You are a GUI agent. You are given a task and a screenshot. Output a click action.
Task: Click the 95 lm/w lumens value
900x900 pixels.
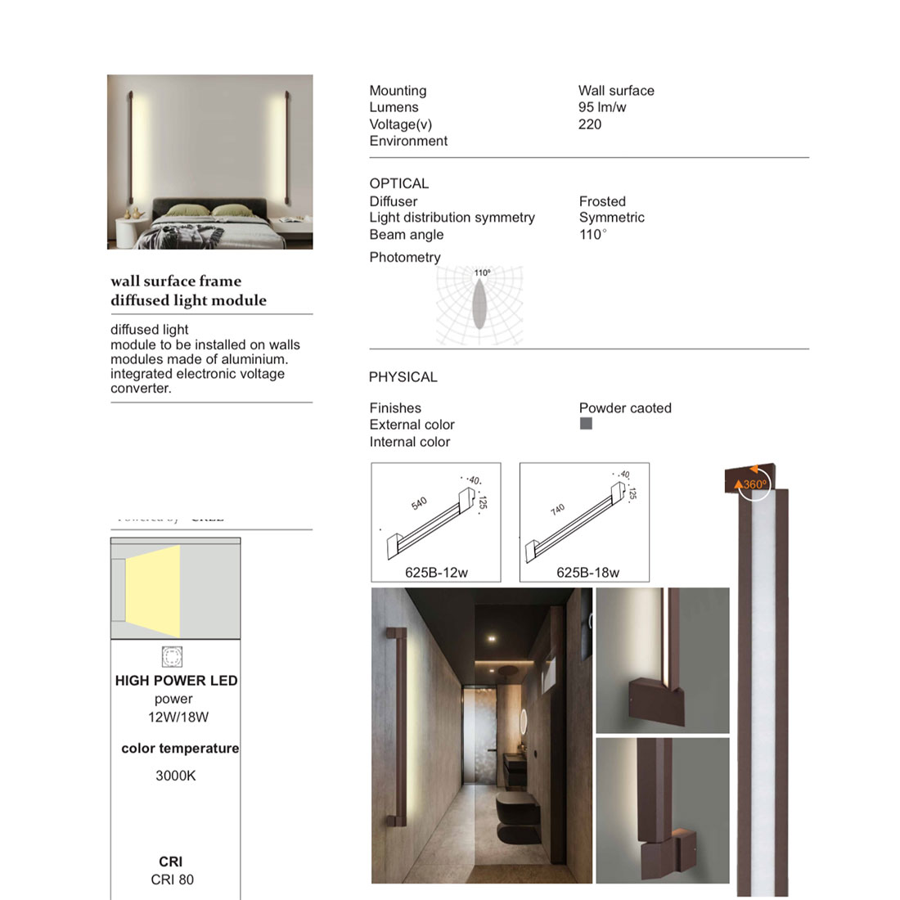click(602, 107)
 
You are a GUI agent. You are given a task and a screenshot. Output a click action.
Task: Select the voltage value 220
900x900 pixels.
click(589, 124)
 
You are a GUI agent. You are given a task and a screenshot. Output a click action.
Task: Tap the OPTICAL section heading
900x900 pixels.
click(398, 183)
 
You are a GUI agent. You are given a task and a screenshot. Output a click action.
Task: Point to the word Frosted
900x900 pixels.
click(602, 201)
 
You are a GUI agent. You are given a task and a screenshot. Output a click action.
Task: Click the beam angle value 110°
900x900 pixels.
click(592, 235)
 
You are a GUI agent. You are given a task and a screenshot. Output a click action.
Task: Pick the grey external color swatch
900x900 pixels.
click(586, 424)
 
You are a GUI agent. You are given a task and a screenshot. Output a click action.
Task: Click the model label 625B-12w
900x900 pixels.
click(436, 573)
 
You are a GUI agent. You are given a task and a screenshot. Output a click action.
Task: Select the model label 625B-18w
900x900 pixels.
click(587, 573)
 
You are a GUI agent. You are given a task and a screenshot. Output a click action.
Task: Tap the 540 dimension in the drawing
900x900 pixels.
click(419, 503)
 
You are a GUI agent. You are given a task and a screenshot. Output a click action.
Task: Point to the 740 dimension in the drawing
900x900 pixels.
click(558, 510)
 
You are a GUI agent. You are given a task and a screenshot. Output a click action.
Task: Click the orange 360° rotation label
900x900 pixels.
click(755, 484)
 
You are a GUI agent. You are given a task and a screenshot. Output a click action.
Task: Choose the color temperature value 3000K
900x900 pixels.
click(176, 776)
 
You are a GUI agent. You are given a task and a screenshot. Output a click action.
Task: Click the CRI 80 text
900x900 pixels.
click(173, 880)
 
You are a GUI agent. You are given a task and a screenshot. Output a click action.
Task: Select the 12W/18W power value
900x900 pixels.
click(178, 718)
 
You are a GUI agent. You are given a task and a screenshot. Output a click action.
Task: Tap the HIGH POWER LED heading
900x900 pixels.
click(176, 681)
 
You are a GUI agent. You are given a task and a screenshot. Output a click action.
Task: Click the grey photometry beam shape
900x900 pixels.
click(479, 304)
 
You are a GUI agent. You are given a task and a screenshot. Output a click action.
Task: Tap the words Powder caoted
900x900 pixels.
click(625, 408)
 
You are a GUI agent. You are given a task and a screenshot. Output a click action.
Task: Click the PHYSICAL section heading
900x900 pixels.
click(403, 377)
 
